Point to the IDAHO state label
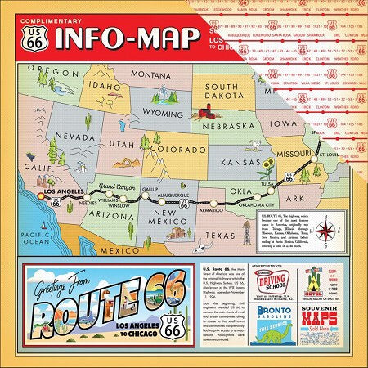click(105, 84)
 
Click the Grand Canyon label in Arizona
click(117, 187)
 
